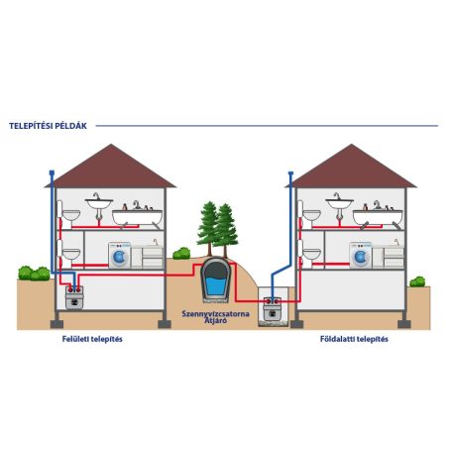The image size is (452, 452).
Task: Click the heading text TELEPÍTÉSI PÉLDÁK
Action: tap(48, 126)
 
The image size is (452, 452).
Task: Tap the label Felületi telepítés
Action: tap(92, 339)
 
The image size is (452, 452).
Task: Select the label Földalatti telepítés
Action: tap(354, 339)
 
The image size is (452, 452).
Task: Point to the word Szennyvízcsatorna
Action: tap(215, 313)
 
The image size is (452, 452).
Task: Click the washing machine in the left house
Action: tap(119, 255)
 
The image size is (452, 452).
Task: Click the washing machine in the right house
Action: tap(361, 255)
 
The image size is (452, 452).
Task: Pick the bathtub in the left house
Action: tap(137, 217)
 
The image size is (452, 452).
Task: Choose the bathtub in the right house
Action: tap(378, 217)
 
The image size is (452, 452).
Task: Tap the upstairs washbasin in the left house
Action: tap(99, 205)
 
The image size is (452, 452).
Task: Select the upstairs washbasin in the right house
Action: tap(339, 205)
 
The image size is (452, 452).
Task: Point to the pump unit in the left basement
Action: tap(74, 297)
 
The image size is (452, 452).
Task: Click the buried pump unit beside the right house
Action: tap(273, 309)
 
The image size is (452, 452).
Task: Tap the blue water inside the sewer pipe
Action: tap(216, 286)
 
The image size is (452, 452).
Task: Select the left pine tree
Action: tap(208, 228)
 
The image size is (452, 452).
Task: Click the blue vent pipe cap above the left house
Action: tap(52, 172)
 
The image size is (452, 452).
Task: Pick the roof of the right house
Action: tap(351, 166)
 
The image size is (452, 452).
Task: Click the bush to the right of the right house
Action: tap(417, 282)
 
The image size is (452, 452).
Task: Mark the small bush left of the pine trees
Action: tap(181, 253)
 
